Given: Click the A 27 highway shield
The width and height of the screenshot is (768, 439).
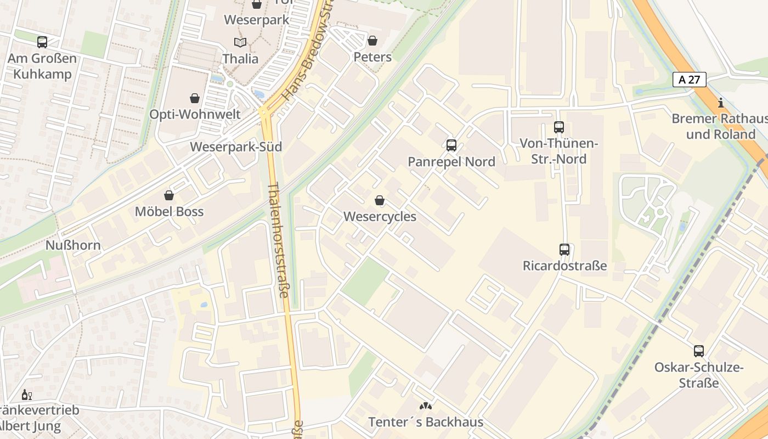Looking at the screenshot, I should click(689, 80).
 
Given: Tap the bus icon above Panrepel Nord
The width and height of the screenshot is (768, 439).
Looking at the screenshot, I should click(451, 145).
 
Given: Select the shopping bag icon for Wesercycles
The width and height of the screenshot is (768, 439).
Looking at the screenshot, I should click(380, 200).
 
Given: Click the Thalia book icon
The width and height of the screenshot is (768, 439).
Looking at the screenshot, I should click(240, 42).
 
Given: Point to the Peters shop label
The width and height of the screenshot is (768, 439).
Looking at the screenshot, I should click(372, 57).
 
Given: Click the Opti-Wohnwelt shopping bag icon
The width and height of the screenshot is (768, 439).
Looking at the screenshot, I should click(195, 98).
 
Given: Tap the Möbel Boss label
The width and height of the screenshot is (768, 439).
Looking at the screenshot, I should click(169, 212).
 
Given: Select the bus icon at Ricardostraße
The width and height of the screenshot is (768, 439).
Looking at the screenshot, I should click(564, 250).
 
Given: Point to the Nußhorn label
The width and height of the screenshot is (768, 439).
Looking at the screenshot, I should click(73, 245).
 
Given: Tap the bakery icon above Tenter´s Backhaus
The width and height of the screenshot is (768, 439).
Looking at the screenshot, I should click(426, 406).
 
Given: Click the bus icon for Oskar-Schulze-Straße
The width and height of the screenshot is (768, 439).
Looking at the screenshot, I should click(698, 351).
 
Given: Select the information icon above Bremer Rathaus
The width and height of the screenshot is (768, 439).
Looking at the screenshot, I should click(721, 103).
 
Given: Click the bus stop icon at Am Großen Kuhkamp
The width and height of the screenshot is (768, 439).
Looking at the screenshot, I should click(42, 42).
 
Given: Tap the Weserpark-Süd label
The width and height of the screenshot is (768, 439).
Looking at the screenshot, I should click(236, 147).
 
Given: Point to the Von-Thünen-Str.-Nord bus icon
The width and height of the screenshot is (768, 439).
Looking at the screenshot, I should click(559, 127).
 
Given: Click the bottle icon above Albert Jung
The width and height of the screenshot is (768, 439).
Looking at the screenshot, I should click(26, 395).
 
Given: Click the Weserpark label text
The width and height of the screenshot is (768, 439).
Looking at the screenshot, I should click(257, 20).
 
